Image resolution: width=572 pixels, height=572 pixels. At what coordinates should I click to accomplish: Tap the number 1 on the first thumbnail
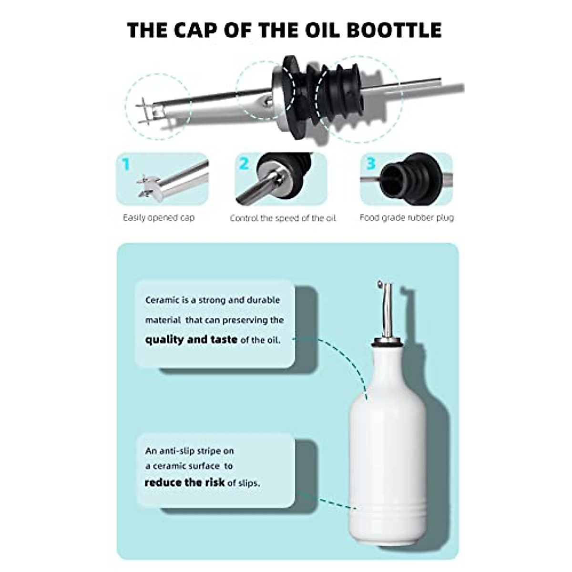(x=126, y=165)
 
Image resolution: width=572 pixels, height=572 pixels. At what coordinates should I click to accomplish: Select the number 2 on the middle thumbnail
(x=244, y=164)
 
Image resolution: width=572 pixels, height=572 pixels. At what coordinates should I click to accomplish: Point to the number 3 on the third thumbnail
(x=371, y=164)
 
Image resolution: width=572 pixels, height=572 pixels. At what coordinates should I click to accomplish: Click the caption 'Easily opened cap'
(x=159, y=218)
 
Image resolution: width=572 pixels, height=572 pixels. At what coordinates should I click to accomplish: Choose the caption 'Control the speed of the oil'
(x=283, y=218)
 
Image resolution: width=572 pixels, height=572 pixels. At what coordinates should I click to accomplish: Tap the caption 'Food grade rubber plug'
(x=407, y=218)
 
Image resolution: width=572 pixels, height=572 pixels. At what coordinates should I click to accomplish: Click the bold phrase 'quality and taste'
(x=191, y=339)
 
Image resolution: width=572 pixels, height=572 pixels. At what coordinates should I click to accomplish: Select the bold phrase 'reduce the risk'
(x=184, y=482)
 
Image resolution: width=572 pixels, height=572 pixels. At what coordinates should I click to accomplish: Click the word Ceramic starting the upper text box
(x=162, y=300)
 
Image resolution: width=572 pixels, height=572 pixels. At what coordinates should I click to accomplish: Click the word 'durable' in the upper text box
(x=264, y=300)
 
